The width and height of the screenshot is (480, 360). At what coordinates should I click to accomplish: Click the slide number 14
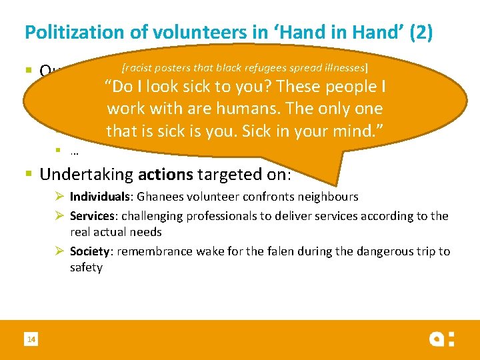coord(31,340)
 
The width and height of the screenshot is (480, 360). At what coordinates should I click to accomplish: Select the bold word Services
coord(92,216)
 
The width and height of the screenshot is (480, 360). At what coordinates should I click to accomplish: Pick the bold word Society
coord(90,251)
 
